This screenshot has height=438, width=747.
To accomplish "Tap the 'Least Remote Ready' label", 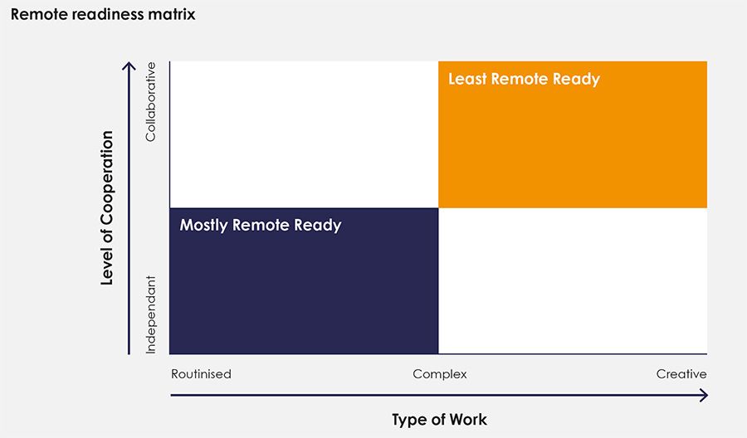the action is tap(524, 79).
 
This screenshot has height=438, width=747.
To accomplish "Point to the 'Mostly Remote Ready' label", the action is tap(261, 225).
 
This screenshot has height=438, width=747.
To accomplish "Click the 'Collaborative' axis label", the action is tap(150, 101).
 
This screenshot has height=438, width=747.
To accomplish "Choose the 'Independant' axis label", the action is tap(150, 314).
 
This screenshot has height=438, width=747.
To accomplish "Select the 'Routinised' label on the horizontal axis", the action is tap(201, 374).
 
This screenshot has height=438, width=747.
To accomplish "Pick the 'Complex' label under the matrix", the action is tap(440, 374).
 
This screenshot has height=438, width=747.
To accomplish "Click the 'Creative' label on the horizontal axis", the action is tap(681, 374).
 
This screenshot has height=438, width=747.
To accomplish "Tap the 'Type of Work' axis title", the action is tap(439, 420).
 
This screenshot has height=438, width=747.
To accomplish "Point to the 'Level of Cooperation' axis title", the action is tap(107, 207).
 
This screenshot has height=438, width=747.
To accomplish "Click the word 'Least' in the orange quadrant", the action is tap(467, 79).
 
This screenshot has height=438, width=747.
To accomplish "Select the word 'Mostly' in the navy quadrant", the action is tap(204, 225).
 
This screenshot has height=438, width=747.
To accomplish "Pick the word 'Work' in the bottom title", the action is tap(468, 420).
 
